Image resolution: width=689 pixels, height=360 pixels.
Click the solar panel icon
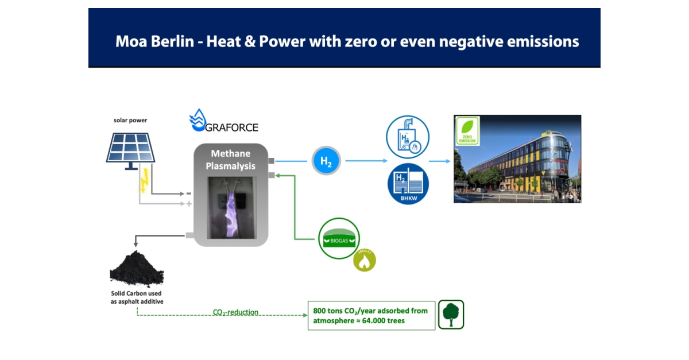point(131,151)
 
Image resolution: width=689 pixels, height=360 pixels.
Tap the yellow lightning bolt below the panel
point(144,180)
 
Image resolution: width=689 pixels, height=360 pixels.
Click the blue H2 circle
point(326,161)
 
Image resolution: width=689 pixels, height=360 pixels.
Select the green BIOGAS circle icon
point(339,238)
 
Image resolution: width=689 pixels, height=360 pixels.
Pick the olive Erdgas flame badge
point(365,260)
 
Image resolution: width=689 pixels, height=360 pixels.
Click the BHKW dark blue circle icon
point(408,184)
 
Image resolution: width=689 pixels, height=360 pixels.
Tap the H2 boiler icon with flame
point(408,137)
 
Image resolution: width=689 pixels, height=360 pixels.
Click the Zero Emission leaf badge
point(467,131)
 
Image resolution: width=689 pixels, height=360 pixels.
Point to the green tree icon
point(451,315)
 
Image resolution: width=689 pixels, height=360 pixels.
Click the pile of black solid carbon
point(137,268)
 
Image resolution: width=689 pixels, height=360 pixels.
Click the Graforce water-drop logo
point(198,120)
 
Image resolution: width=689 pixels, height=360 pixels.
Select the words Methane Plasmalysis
point(231,160)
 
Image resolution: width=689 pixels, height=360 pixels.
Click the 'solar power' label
point(130,121)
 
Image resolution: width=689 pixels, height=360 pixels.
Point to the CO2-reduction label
point(235,312)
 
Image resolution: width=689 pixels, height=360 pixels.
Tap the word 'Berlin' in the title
point(173,41)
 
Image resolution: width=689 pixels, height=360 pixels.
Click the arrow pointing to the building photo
point(440,161)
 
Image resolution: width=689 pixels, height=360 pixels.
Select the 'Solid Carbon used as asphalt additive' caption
point(137,297)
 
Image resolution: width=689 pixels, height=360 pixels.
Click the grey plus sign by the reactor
point(189,204)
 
